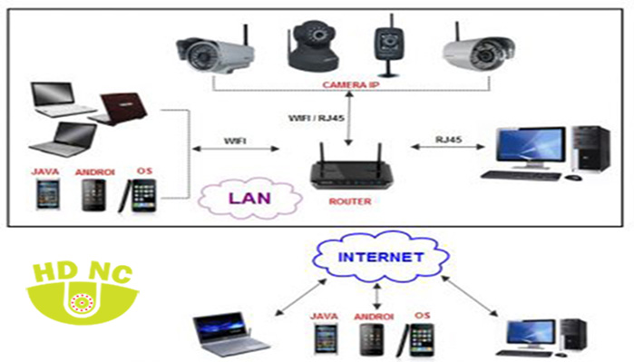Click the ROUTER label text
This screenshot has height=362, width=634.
(350, 201)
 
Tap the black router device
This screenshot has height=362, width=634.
(351, 169)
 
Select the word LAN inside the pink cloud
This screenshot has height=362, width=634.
(249, 198)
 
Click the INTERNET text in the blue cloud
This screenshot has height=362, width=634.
(380, 257)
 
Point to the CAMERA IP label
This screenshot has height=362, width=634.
(351, 85)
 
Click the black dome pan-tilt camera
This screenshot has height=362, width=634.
(313, 45)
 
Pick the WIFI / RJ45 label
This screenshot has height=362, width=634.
(317, 118)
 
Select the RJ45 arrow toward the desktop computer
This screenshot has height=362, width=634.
(447, 147)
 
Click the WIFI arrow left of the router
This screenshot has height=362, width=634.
(236, 149)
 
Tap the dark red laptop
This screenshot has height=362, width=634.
(118, 109)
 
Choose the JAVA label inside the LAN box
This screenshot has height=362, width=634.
(45, 171)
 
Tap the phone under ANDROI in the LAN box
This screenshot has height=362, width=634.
(93, 195)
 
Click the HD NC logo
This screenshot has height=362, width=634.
(82, 292)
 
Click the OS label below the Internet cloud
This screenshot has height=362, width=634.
(422, 315)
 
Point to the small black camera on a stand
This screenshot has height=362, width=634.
(388, 45)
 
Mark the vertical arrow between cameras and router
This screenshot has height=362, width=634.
(349, 118)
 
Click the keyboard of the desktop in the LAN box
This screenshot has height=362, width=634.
(522, 175)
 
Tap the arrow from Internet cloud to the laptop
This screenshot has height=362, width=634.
(300, 297)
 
